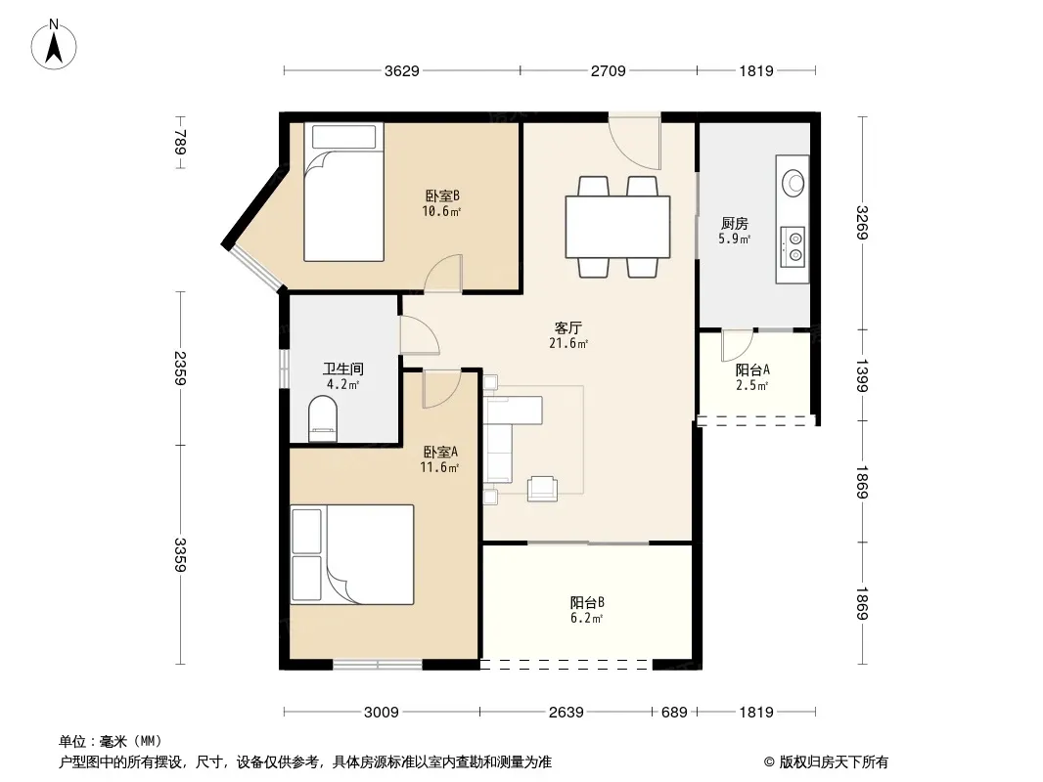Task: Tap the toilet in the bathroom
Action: coord(323,419)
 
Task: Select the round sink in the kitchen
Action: coord(793,183)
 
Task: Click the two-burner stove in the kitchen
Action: coord(793,246)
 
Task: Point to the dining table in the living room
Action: coord(617,227)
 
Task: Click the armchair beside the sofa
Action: coord(542,489)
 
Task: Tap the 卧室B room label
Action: coord(442,196)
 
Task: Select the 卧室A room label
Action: coord(440,452)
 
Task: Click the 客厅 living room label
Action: coord(568,327)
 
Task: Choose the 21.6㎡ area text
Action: coord(568,343)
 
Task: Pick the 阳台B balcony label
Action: coord(587,602)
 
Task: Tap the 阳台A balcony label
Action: coord(752,370)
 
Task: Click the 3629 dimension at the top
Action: coord(402,70)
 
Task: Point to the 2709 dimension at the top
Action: coord(608,70)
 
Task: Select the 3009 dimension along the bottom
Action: coord(382,713)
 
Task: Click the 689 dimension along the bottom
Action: coord(674,713)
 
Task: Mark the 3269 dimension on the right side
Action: coord(862,223)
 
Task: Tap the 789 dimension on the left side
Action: coord(180,142)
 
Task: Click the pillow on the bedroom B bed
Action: coord(343,137)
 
